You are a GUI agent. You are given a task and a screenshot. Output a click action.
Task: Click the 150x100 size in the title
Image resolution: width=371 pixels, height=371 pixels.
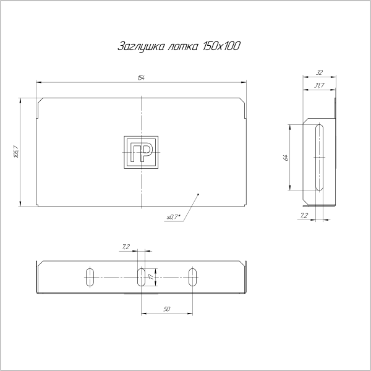(x=221, y=47)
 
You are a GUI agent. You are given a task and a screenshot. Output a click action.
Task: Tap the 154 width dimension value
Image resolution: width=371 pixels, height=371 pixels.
(x=142, y=78)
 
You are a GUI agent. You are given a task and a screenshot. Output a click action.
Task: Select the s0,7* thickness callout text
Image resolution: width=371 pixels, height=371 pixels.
(x=173, y=216)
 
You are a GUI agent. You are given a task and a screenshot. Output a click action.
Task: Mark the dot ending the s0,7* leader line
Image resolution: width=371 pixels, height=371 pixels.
(x=198, y=195)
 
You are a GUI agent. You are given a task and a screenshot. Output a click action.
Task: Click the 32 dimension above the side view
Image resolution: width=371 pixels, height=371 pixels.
(x=318, y=72)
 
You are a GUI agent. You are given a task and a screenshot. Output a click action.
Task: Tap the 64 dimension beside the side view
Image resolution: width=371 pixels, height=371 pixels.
(x=286, y=158)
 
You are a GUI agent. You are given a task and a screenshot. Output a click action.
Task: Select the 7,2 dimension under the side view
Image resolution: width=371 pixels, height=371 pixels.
(x=304, y=216)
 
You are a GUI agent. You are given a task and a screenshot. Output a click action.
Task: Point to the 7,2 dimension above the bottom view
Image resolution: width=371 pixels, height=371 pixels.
(x=126, y=247)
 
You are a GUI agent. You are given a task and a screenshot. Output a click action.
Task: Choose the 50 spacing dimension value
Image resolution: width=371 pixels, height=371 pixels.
(x=167, y=308)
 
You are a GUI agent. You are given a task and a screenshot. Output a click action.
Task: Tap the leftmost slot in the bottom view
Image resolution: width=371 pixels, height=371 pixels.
(x=90, y=277)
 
